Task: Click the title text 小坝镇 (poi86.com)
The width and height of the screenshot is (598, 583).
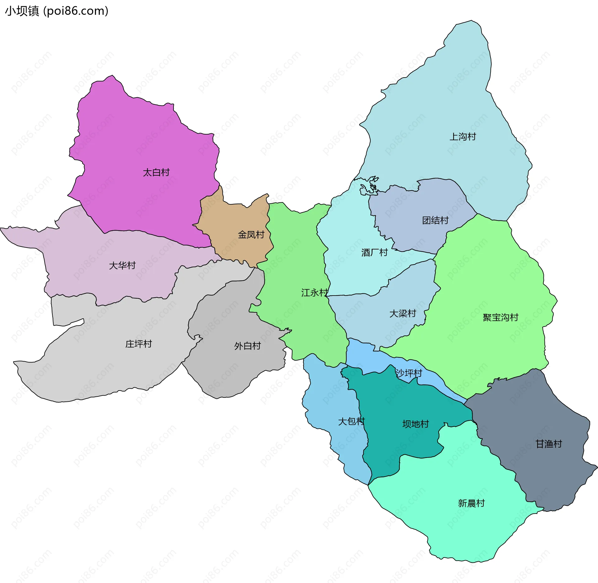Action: point(57,11)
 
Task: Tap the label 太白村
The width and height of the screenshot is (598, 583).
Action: point(156,172)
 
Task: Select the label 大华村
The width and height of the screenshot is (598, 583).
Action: point(122,265)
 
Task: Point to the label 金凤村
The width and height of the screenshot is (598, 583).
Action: point(251,235)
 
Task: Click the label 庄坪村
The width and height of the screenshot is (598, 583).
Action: point(138,344)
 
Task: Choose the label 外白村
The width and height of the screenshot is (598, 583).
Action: point(247,346)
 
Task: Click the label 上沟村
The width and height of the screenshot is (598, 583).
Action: point(463,136)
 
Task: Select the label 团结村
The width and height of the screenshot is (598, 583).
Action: point(435,220)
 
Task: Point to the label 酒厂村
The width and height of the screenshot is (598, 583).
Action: point(374,252)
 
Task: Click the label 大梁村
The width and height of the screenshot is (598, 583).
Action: point(402,313)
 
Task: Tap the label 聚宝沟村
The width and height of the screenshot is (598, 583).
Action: point(500,317)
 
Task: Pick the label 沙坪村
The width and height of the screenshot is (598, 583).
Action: point(409,373)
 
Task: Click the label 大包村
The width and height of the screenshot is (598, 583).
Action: point(351,421)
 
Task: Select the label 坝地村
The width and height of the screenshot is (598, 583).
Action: point(415,424)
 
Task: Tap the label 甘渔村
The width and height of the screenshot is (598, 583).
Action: point(548,444)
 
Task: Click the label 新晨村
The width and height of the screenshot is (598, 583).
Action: point(471,503)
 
